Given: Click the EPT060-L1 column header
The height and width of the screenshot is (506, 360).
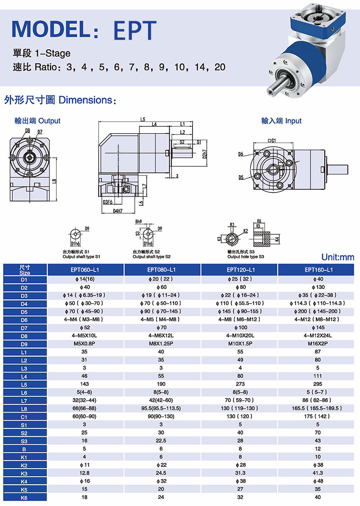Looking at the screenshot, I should tap(85, 270).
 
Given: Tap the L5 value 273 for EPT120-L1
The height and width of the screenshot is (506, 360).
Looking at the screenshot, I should tap(240, 385).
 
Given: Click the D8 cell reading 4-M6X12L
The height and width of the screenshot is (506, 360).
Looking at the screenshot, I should tap(162, 335).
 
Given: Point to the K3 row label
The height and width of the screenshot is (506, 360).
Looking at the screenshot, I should tap(25, 473).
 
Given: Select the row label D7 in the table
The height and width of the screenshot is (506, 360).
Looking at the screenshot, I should tap(25, 327).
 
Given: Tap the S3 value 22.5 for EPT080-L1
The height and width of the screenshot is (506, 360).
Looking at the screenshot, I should tap(162, 440).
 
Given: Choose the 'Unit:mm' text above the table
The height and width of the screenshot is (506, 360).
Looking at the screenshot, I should tap(337, 257).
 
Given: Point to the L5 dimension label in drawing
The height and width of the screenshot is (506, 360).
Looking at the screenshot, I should tap(143, 120).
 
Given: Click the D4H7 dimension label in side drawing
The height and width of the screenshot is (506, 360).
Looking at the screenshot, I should tap(118, 210).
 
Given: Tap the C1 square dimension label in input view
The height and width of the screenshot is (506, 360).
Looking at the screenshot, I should tap(271, 141).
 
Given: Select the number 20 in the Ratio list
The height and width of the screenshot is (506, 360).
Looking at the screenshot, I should tap(220, 67).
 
